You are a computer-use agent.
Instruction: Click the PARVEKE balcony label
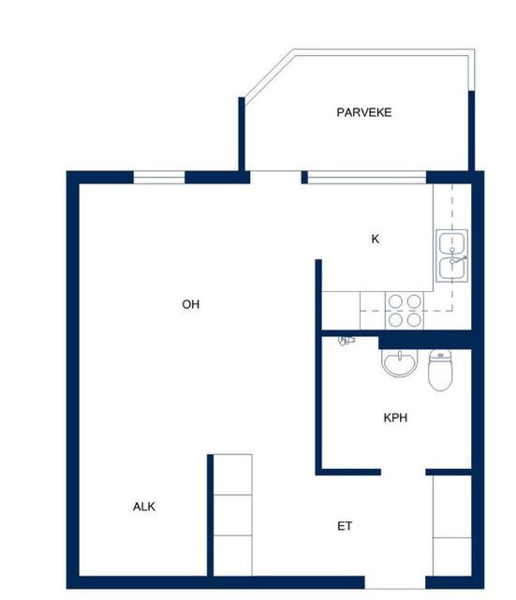(x=364, y=112)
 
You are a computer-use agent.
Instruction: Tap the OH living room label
(x=191, y=304)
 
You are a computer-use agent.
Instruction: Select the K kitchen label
(x=376, y=240)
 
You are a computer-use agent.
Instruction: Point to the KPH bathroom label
(x=395, y=417)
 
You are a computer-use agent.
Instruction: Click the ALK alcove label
(x=144, y=506)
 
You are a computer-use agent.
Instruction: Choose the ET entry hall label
(x=345, y=526)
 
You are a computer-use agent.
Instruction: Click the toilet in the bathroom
(x=440, y=370)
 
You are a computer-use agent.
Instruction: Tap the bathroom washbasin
(x=400, y=362)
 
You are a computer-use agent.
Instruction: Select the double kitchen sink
(x=452, y=256)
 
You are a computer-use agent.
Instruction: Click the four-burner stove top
(x=405, y=311)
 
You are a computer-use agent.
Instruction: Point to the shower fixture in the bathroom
(x=346, y=340)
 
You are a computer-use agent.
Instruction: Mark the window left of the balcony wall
(x=159, y=178)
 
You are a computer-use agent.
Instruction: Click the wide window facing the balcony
(x=367, y=178)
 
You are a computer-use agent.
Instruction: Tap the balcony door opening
(x=275, y=177)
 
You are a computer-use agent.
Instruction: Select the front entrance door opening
(x=395, y=582)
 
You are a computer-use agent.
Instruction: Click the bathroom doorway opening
(x=403, y=472)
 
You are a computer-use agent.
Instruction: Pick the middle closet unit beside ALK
(x=232, y=515)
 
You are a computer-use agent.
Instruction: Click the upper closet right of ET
(x=452, y=506)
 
